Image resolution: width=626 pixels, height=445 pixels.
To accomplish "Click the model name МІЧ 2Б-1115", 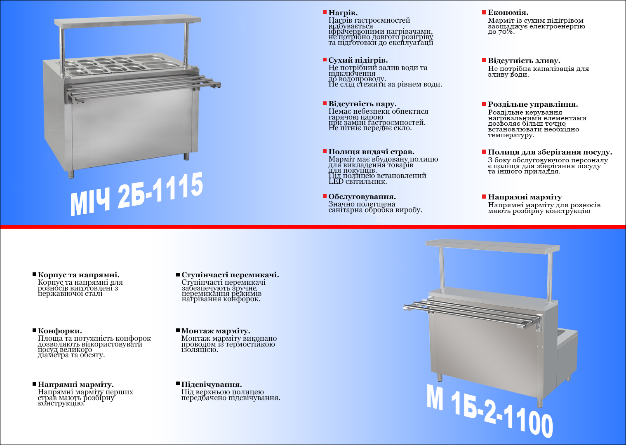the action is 136,194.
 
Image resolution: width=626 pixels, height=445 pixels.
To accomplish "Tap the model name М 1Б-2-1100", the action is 490,410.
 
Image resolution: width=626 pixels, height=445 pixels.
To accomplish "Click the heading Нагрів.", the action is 343,13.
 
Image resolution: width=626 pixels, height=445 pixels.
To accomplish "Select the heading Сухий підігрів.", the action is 358,60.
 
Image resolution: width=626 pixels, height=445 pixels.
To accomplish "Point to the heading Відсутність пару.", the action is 362,104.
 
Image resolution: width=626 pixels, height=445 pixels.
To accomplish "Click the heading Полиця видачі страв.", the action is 372,152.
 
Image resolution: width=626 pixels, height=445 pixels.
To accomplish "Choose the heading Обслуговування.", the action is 362,197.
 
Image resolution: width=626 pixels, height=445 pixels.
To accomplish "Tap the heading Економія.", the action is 508,12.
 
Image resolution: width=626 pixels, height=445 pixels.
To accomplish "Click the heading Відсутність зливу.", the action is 524,61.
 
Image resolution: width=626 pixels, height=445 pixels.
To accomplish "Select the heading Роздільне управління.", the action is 533,104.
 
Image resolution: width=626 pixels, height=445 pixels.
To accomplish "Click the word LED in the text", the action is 336,181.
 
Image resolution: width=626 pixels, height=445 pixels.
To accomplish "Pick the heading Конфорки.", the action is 60,331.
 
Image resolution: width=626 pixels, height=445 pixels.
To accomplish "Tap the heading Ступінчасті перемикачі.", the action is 230,275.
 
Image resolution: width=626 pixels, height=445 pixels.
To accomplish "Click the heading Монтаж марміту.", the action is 216,331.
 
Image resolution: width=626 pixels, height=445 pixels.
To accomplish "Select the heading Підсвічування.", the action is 212,385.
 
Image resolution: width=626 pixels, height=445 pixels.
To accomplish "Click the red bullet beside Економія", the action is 484,12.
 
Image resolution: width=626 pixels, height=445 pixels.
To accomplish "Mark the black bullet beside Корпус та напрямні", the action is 35,275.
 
